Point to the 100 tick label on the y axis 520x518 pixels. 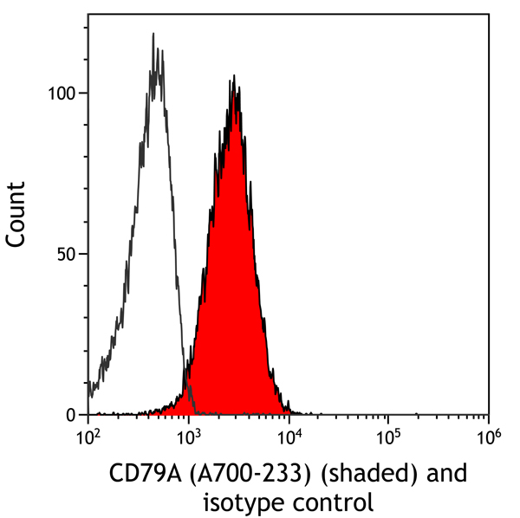click(x=68, y=93)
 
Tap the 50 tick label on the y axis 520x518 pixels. click(x=72, y=254)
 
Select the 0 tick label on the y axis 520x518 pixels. click(x=76, y=415)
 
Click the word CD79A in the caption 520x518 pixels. click(x=144, y=475)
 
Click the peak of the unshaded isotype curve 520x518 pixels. click(x=153, y=35)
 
